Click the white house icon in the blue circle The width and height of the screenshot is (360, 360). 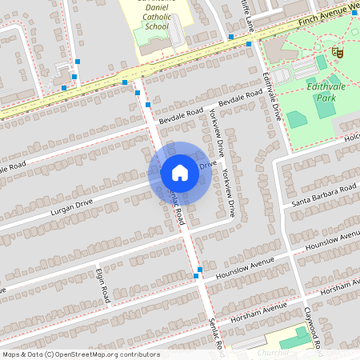pyautogui.click(x=180, y=172)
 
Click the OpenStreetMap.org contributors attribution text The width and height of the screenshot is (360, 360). pyautogui.click(x=104, y=354)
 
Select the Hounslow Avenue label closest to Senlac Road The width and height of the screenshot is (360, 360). pyautogui.click(x=252, y=265)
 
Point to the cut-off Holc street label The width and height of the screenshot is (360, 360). pyautogui.click(x=353, y=138)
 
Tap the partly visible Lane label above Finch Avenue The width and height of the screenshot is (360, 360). pyautogui.click(x=250, y=20)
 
